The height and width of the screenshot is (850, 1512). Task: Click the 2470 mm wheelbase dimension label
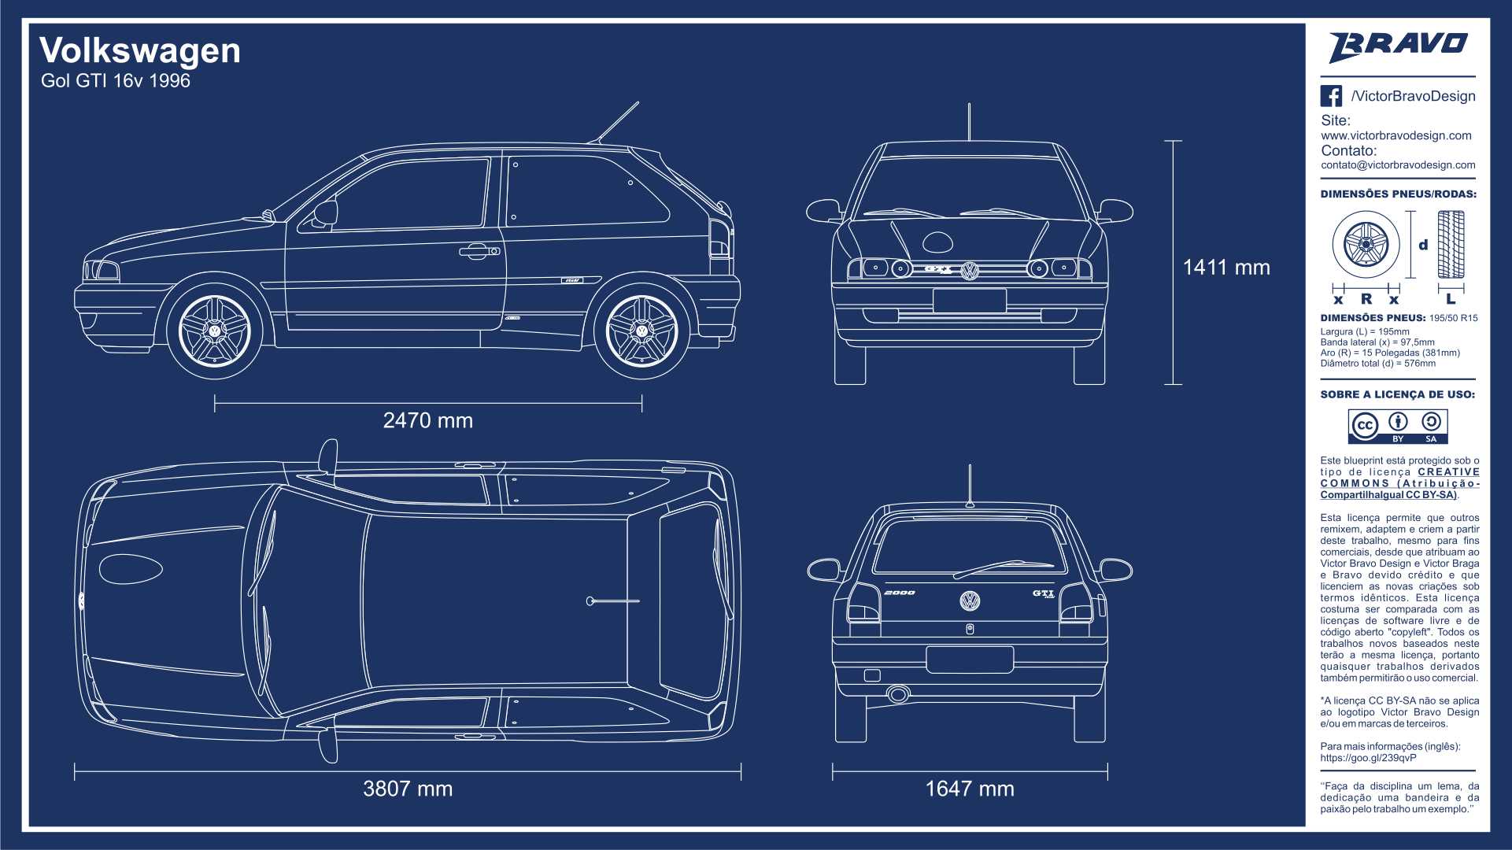428,420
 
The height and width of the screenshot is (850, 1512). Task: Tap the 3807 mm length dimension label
408,789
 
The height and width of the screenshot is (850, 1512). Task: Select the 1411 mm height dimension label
1226,268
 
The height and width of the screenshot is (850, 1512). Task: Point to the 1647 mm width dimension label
970,789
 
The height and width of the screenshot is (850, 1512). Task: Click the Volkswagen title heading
140,51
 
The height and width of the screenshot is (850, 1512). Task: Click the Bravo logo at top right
1399,46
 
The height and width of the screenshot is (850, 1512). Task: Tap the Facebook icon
1331,96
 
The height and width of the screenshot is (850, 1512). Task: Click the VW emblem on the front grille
970,270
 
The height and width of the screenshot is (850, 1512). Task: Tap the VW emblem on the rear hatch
970,601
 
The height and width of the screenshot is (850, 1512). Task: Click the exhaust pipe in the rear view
898,694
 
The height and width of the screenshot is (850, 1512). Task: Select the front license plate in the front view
970,301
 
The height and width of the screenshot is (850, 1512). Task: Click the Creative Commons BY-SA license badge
1398,427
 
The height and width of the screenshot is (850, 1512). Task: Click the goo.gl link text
1368,758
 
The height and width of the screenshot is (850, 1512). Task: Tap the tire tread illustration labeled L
1451,245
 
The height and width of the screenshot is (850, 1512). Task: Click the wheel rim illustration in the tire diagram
1366,244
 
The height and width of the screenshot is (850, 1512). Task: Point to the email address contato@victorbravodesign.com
1398,165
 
